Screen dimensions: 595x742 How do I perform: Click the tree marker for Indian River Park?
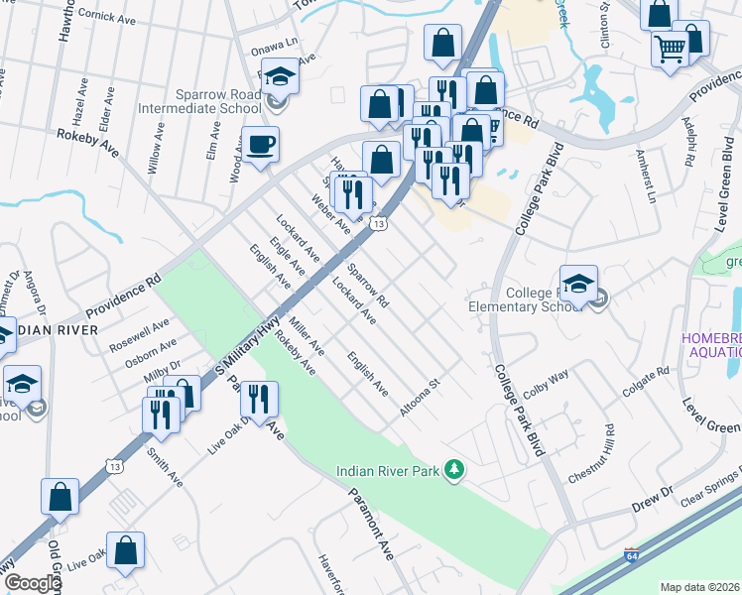(454, 468)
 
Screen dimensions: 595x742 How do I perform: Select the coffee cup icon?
(260, 146)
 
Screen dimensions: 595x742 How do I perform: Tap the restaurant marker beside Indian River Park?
(259, 401)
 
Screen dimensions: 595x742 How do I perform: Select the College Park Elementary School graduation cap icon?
(578, 283)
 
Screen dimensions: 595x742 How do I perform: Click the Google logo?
(33, 583)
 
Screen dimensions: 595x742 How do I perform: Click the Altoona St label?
(420, 397)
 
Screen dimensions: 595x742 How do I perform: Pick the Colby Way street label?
(546, 384)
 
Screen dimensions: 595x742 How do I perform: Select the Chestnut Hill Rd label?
(592, 455)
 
